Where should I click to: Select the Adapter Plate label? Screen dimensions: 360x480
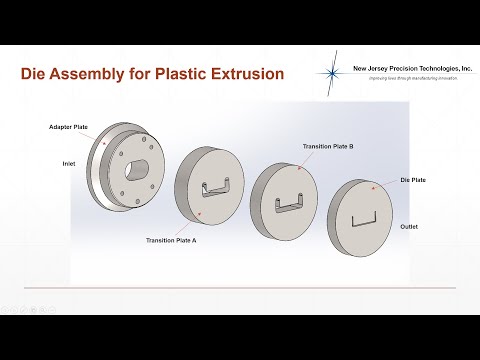tap(68, 128)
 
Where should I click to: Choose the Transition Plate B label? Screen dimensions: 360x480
tap(328, 146)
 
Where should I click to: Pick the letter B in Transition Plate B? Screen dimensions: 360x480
tap(351, 146)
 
